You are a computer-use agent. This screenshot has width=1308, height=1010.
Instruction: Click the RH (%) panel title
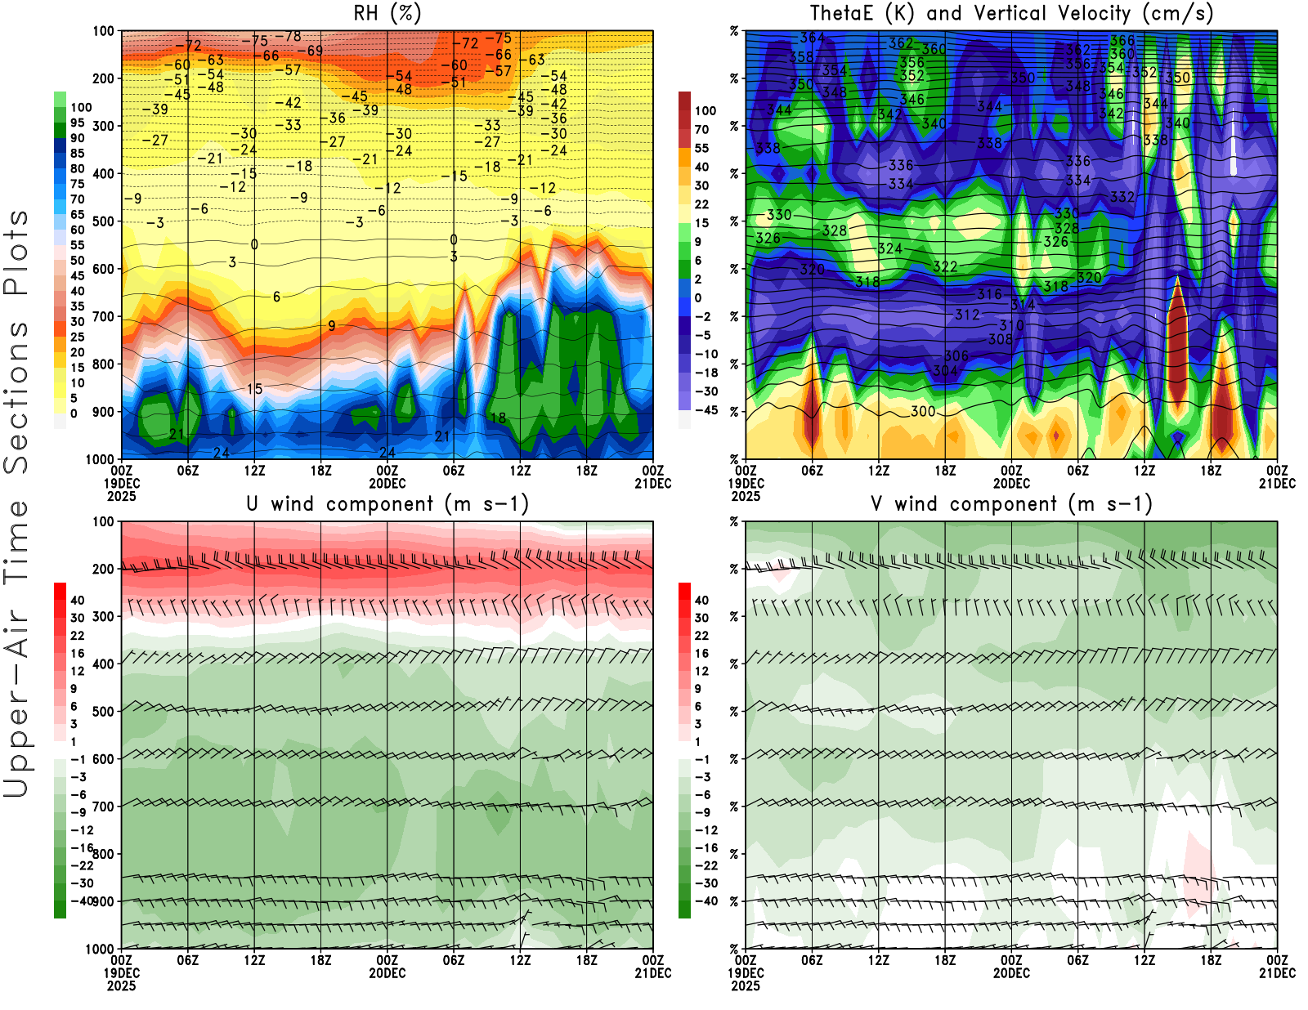click(387, 13)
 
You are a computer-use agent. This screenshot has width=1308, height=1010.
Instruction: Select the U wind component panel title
click(387, 503)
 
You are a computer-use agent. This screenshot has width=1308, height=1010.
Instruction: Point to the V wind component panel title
click(1011, 503)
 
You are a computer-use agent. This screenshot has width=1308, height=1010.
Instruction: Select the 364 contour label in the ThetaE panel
click(812, 38)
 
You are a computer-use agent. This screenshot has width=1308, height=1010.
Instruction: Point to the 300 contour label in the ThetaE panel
click(923, 411)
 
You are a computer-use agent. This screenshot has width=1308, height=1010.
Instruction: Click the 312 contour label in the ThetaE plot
click(967, 315)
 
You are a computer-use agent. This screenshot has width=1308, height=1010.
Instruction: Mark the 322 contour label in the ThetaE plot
click(945, 266)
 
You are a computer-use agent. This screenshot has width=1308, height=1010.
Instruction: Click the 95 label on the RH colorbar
click(77, 123)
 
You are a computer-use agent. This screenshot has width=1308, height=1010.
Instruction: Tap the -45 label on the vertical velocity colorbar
click(705, 410)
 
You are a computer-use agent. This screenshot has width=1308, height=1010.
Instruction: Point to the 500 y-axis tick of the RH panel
click(103, 221)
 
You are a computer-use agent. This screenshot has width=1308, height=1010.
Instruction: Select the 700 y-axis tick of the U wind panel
click(103, 807)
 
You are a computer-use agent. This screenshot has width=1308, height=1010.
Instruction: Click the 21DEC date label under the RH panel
click(653, 483)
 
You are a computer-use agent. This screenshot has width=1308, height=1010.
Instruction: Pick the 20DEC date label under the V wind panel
click(1011, 973)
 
